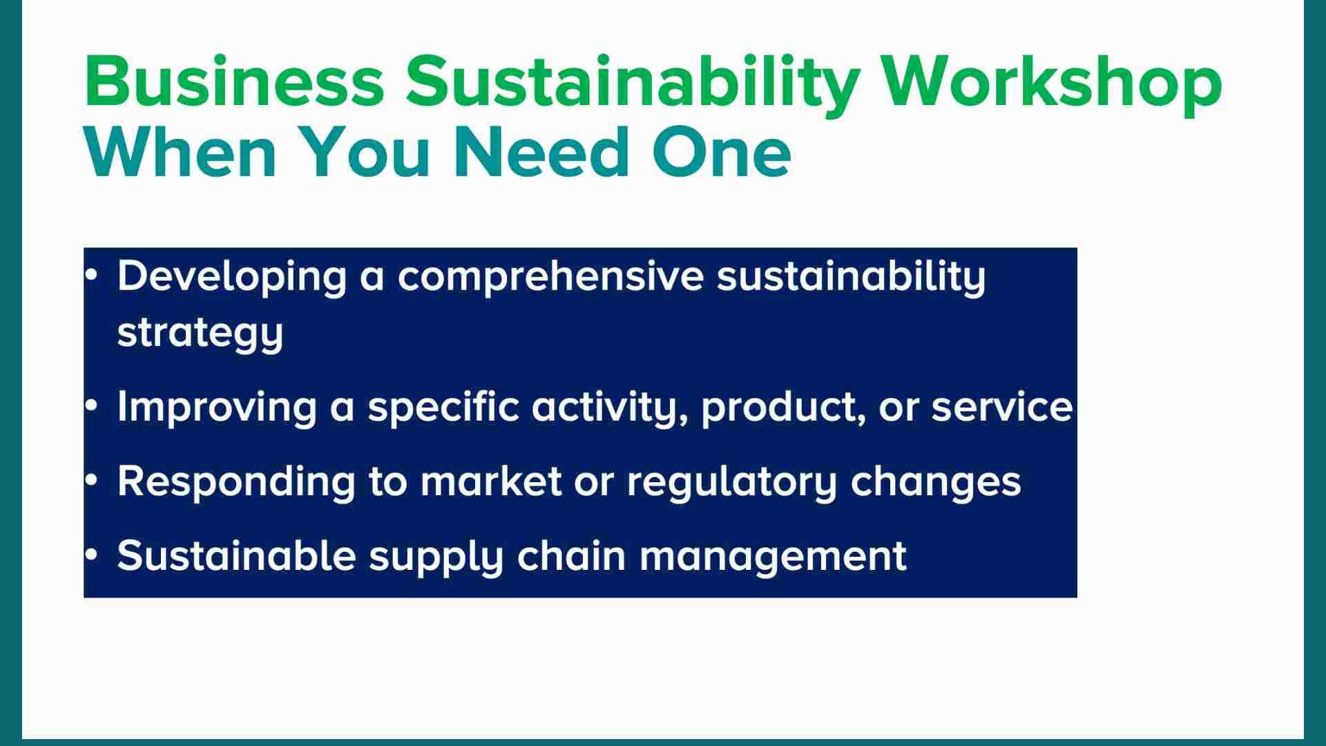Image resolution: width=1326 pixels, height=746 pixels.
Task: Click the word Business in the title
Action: [x=235, y=81]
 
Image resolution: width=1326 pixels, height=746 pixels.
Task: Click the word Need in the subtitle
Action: [x=542, y=151]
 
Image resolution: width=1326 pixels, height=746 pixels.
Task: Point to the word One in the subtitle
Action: [x=721, y=152]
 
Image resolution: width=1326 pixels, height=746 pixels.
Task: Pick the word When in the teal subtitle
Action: [x=180, y=151]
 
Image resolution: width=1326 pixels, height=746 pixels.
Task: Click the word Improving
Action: [x=217, y=408]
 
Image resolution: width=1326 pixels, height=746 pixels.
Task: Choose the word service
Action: [x=1002, y=408]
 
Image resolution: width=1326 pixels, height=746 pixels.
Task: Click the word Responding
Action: [x=236, y=482]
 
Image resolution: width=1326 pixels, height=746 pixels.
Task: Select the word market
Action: [x=491, y=481]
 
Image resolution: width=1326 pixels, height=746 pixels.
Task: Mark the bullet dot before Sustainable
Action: [x=92, y=555]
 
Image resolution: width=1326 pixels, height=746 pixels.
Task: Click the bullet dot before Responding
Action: [x=92, y=480]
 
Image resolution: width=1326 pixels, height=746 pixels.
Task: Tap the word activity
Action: [x=610, y=408]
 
